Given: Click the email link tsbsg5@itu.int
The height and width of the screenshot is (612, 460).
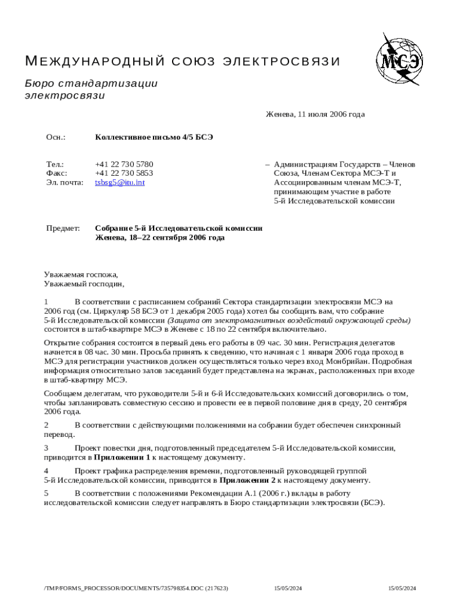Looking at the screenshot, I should tap(119, 182).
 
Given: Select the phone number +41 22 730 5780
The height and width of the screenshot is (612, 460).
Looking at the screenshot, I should tap(124, 164).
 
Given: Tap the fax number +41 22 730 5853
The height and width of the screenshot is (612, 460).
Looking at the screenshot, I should tap(124, 173).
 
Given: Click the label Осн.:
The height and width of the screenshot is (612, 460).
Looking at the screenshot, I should tap(56, 137).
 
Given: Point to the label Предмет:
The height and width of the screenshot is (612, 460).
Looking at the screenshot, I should tap(63, 228).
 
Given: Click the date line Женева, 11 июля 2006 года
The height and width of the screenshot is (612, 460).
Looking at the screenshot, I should tap(315, 114).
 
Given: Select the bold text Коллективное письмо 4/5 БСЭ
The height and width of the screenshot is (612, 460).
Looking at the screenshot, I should tap(154, 137).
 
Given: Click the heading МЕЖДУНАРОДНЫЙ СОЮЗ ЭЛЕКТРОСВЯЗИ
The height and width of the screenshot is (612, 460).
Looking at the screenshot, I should tap(182, 62).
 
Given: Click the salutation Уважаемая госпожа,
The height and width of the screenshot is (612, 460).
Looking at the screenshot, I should tap(81, 275).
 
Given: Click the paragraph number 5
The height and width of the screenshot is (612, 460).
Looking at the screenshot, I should tap(47, 493).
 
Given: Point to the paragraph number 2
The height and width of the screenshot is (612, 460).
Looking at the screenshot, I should tap(47, 425).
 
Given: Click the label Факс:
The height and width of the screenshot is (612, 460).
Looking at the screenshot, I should tap(57, 173).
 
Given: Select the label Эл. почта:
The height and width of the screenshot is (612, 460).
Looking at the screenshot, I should tap(65, 182).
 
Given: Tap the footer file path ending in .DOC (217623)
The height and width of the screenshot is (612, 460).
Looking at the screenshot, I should tap(136, 589).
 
